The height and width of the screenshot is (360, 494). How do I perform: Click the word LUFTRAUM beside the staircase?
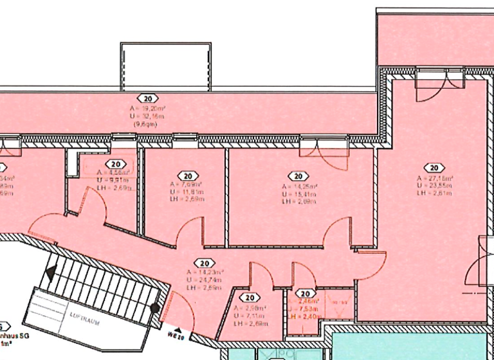coord(83,319)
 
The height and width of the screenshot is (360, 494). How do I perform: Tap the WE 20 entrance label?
coord(176,335)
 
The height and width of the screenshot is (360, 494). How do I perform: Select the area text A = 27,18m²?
coord(435,178)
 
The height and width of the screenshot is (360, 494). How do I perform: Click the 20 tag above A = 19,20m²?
coord(149,98)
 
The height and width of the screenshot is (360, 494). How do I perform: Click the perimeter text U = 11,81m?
coord(188,192)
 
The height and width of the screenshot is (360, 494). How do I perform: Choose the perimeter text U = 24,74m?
coord(204,281)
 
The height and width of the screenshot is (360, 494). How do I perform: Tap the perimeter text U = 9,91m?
coord(113,180)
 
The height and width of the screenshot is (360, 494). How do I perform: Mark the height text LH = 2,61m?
coord(435,192)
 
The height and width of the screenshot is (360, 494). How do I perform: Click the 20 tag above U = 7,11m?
coord(250,298)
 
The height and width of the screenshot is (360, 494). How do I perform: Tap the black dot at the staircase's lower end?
coord(155,309)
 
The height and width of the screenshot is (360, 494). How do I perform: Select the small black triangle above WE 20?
coord(177,328)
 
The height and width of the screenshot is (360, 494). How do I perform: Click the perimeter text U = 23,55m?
coord(435,185)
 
